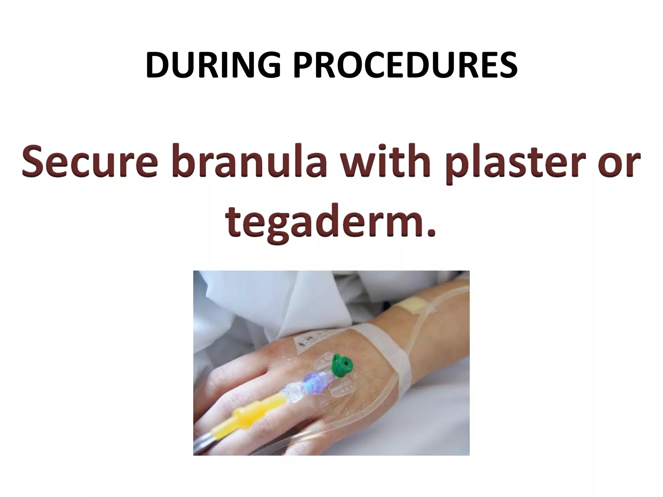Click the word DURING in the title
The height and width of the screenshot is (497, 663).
pyautogui.click(x=213, y=66)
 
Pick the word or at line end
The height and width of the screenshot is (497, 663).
pyautogui.click(x=622, y=165)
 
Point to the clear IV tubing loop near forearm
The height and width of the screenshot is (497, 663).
pyautogui.click(x=418, y=330)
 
